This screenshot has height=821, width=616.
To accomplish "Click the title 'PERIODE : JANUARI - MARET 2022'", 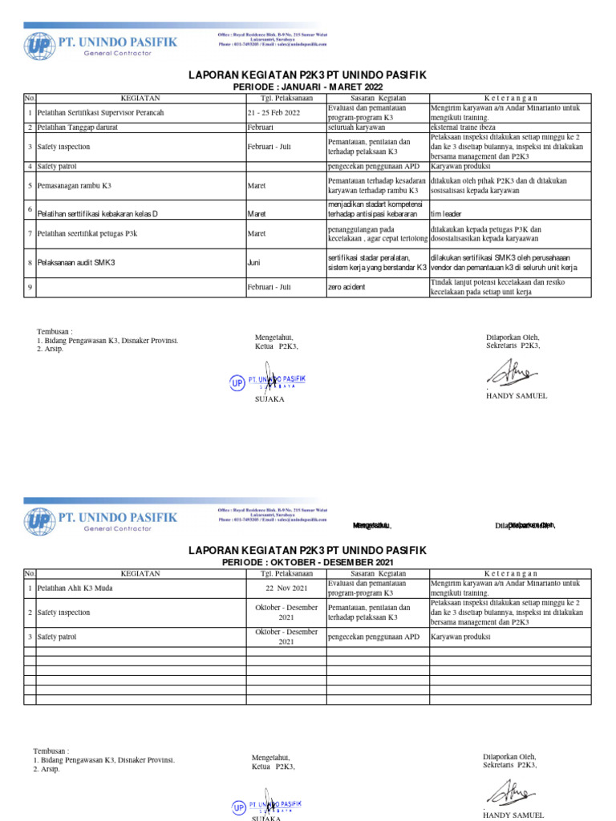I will pos(307,87).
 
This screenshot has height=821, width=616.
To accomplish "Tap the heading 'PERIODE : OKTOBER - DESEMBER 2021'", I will pos(307,563).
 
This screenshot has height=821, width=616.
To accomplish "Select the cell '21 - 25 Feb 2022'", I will pos(274,113).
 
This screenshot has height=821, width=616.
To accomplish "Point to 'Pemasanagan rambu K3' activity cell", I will pos(75,185).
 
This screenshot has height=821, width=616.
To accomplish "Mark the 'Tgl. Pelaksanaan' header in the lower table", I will pos(286,573).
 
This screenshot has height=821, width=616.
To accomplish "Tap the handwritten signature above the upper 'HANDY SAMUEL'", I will pos(507,372).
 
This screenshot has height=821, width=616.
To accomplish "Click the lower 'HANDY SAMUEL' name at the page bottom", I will pos(513,815).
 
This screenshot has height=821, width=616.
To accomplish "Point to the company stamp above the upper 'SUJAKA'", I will pos(269,380).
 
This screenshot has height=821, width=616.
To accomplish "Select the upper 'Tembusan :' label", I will pos(55,331).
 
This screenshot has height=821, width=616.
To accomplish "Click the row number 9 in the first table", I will pos(30,286).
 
